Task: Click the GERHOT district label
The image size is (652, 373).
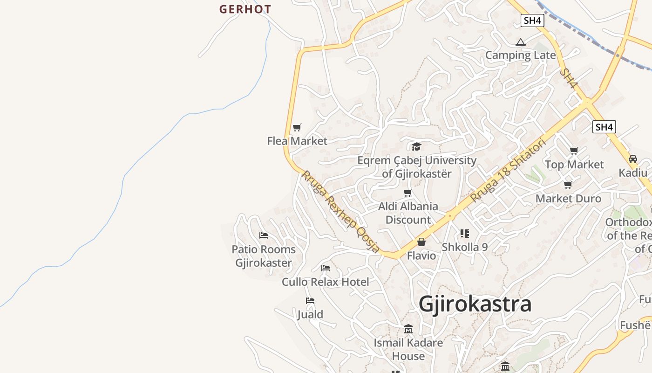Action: tap(245, 9)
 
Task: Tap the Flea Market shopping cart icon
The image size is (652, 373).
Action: tap(297, 127)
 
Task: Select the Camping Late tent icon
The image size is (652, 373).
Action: tap(520, 42)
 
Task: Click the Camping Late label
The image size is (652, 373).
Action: tap(520, 55)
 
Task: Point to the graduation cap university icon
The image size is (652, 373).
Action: tap(416, 147)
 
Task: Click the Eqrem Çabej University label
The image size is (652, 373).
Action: tap(417, 167)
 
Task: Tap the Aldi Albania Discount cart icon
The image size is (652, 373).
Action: tap(408, 193)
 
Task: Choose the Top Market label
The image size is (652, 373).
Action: tap(574, 165)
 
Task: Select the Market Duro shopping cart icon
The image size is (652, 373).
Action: tap(568, 185)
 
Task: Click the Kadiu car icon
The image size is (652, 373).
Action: tap(632, 159)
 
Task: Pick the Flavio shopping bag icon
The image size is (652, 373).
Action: tap(421, 242)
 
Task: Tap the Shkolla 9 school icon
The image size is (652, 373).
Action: tap(464, 234)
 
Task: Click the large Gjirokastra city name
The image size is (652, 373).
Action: tap(475, 304)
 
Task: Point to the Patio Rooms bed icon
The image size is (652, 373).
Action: tap(264, 235)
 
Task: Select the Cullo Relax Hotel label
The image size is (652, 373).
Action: tap(325, 282)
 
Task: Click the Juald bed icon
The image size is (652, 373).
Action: tap(310, 301)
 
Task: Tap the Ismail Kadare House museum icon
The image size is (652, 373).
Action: tap(408, 329)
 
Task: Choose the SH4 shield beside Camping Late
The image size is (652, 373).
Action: tap(532, 21)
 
